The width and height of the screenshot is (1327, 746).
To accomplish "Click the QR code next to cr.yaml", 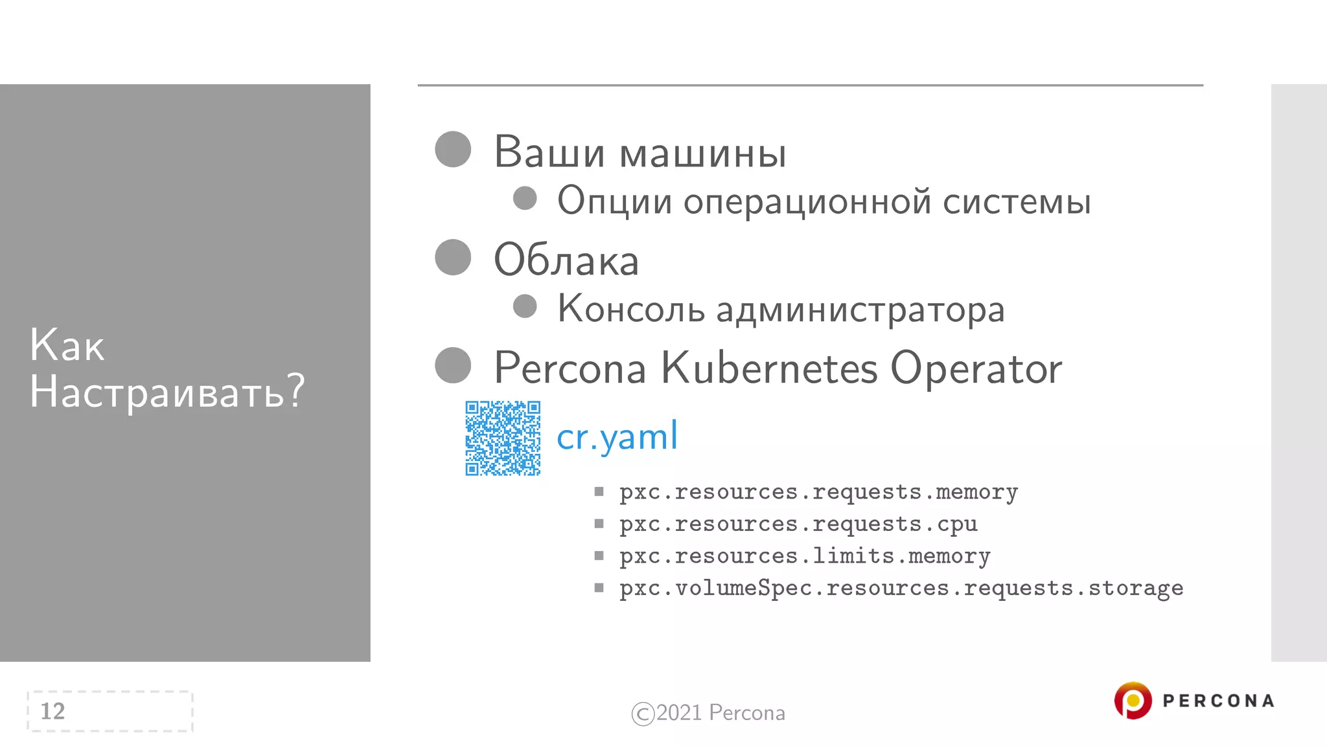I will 503,438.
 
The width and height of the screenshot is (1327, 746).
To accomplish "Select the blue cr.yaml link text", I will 617,436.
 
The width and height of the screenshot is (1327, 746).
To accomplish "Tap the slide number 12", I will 53,711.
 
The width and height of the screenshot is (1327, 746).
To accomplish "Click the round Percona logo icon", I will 1133,701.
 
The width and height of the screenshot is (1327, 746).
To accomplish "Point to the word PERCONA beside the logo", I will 1218,701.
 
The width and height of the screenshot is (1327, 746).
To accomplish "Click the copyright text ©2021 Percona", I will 708,713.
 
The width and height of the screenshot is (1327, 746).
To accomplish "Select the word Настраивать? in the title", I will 167,392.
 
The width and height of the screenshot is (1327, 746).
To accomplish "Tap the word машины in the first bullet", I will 703,153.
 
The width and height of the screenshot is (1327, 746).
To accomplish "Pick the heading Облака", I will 566,260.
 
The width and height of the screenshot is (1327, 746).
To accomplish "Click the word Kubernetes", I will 769,368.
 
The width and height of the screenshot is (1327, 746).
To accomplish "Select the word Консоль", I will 631,309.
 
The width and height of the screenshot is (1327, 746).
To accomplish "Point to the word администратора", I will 860,310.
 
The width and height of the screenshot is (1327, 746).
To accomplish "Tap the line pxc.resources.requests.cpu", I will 798,524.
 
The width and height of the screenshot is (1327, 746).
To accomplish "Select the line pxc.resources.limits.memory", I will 804,556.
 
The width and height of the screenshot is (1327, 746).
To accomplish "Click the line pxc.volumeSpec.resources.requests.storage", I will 901,588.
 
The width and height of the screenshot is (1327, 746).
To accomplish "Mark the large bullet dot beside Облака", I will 453,257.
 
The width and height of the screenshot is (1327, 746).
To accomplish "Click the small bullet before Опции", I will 525,198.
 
